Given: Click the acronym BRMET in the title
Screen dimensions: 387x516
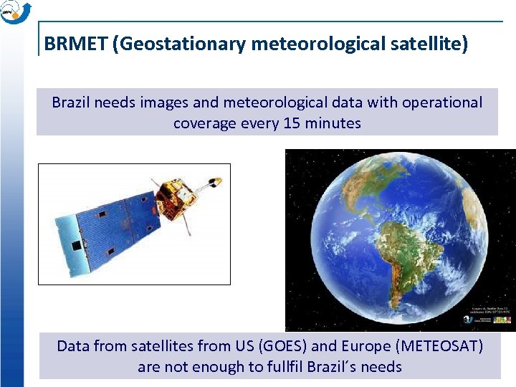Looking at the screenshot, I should (77, 44).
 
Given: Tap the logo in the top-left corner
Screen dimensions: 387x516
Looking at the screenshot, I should (15, 12).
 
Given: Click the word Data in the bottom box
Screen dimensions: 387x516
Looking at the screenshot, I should (73, 346).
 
